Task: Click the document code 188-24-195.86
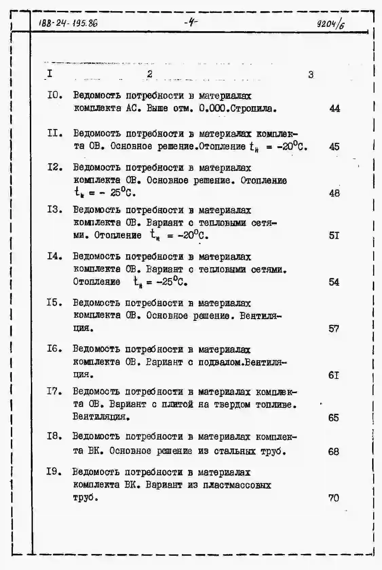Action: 68,23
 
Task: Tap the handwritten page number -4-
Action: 191,23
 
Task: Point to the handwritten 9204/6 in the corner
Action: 330,24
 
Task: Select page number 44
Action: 335,108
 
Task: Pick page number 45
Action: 334,147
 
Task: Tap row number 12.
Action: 55,167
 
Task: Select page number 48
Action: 334,193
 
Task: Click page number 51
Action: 334,235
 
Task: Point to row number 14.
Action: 55,256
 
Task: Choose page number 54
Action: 334,282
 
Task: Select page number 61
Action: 333,375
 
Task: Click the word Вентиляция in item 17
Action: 101,417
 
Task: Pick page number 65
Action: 333,418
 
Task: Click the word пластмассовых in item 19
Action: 237,485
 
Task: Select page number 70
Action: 333,498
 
